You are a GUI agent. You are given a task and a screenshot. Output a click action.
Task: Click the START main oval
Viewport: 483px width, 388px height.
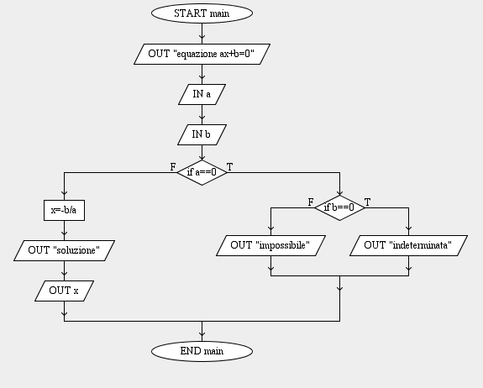202,13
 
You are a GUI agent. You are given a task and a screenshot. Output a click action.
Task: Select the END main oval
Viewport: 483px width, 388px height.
202,351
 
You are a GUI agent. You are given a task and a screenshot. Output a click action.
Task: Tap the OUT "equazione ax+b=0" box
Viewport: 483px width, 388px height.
202,54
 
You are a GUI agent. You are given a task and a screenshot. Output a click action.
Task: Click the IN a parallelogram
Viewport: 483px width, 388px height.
202,94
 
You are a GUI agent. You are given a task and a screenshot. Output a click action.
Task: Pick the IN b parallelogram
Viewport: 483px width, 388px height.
202,134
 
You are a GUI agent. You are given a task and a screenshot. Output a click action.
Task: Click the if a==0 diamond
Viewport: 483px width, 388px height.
202,172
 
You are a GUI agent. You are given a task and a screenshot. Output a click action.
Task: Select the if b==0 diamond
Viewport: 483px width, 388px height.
339,208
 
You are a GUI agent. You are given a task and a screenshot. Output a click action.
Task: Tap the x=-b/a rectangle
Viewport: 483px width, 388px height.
64,210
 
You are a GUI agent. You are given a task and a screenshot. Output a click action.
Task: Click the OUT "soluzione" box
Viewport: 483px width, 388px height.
64,250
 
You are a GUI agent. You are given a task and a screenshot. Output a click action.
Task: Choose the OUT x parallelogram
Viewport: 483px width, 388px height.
64,291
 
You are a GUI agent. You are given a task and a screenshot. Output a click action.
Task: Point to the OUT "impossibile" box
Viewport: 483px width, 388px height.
270,246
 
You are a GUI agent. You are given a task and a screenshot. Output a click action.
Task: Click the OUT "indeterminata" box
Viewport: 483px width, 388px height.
409,246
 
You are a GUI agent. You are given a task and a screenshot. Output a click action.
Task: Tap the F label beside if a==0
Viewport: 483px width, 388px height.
173,167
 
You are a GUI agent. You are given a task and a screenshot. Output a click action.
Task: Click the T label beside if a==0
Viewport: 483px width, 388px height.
230,167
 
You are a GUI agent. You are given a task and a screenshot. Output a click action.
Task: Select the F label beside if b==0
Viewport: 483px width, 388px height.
311,202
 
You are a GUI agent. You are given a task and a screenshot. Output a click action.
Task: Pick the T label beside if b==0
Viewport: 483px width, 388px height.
367,202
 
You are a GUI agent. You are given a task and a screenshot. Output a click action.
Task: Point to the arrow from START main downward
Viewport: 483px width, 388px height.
202,34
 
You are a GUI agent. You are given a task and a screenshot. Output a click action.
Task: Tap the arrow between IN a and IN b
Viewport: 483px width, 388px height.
202,114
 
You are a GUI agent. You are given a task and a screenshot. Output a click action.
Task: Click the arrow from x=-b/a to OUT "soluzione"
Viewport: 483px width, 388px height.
64,231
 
